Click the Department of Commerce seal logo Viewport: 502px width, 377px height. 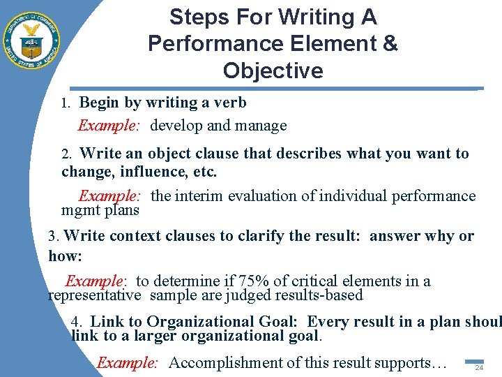(31, 40)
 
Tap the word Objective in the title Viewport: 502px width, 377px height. (273, 71)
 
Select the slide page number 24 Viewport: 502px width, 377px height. (479, 368)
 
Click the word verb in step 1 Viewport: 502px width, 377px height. (230, 103)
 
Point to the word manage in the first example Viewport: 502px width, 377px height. (261, 126)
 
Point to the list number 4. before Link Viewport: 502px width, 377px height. (77, 323)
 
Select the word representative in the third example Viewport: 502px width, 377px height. (94, 295)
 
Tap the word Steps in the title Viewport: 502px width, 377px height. (194, 17)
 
